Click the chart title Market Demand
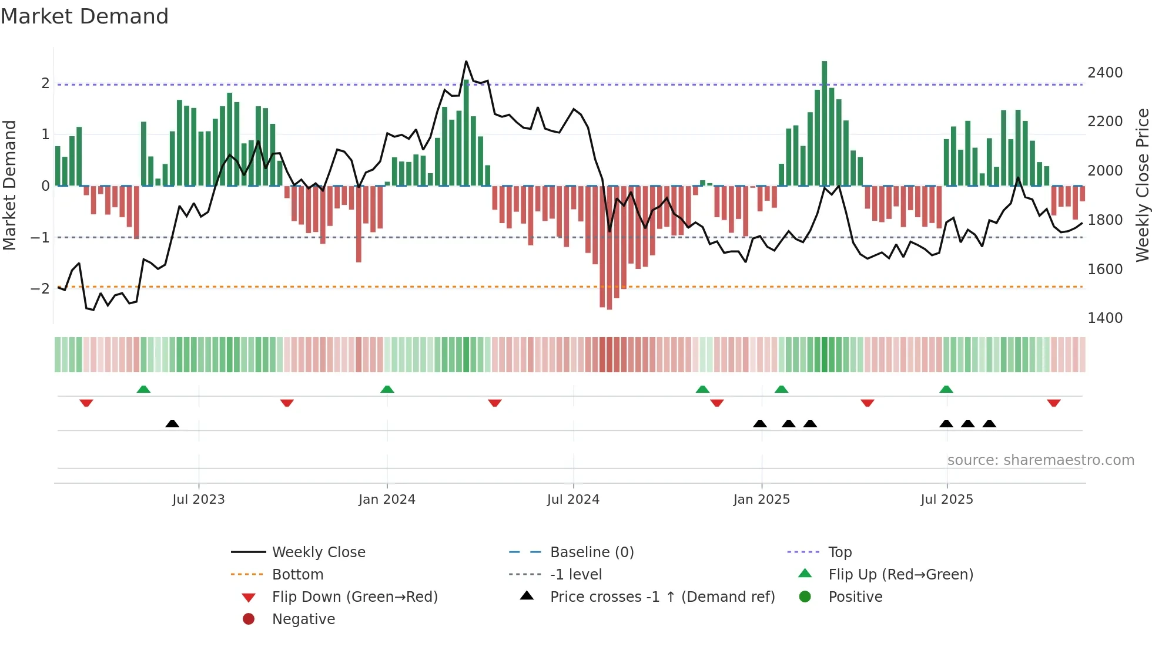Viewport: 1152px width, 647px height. click(85, 16)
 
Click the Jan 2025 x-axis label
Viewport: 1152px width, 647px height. click(761, 500)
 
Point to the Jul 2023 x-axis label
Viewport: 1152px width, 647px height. click(199, 500)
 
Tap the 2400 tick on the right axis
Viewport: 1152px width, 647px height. click(1105, 73)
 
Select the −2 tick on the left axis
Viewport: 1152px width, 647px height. click(40, 289)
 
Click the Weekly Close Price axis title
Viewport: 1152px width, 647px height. click(1142, 185)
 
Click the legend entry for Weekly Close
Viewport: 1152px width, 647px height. click(318, 552)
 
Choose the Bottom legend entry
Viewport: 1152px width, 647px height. click(297, 575)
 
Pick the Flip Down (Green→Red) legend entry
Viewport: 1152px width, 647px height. click(354, 597)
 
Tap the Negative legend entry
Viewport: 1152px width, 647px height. click(303, 619)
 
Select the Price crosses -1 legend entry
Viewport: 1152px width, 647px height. click(662, 597)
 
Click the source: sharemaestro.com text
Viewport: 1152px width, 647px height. click(1040, 460)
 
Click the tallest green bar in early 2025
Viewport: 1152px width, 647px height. click(824, 123)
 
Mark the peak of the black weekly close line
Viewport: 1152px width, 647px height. click(466, 61)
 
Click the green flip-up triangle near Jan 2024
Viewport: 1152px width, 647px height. click(387, 389)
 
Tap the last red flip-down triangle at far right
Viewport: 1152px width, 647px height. click(1053, 403)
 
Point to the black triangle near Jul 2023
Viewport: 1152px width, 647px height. click(172, 423)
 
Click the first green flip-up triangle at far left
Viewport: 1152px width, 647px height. click(143, 389)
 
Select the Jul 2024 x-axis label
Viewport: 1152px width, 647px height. click(573, 500)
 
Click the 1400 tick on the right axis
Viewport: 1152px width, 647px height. click(1105, 318)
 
